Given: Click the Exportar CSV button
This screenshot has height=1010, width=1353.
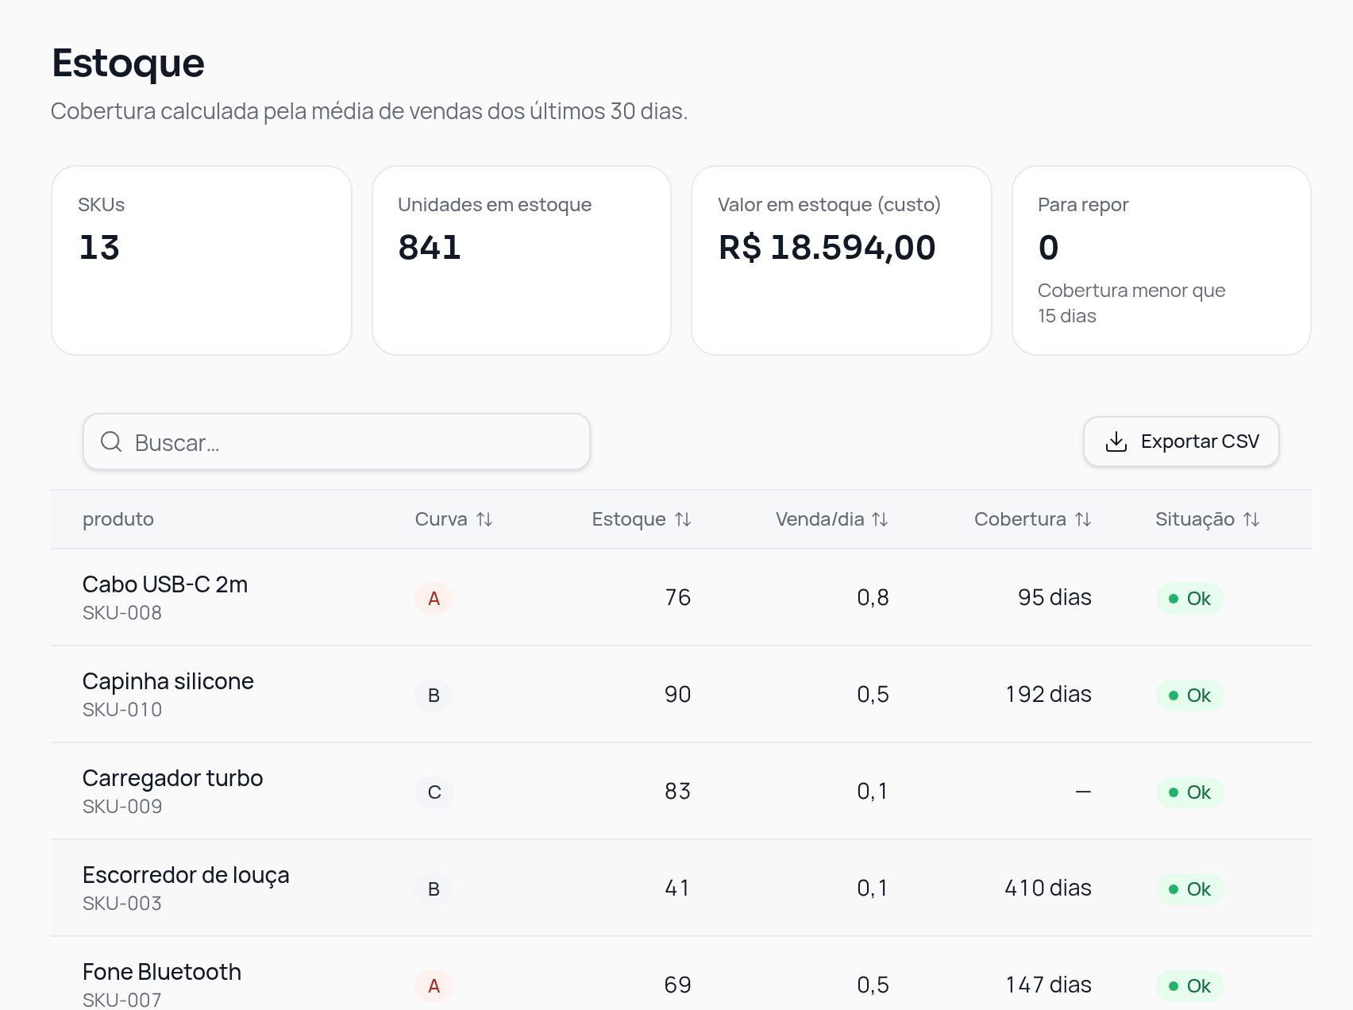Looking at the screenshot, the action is (x=1181, y=441).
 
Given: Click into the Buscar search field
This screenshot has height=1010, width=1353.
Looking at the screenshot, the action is (x=336, y=441).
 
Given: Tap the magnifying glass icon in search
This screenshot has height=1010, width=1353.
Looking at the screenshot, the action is (x=111, y=441).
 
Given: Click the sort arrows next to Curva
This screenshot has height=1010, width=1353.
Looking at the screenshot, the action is (x=484, y=519).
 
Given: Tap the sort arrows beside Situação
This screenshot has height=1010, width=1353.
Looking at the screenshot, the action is (x=1251, y=519).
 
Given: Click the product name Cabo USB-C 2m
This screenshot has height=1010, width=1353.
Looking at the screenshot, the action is (x=165, y=584).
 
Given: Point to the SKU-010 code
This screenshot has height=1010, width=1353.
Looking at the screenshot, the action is (x=122, y=710).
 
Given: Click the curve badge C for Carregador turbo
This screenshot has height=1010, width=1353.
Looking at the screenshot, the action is (x=434, y=792).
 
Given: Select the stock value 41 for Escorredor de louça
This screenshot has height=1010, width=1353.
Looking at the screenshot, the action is (x=677, y=888).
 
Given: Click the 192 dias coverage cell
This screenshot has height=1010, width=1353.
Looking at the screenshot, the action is (x=1048, y=694).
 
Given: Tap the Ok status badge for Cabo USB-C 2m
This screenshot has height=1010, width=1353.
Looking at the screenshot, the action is (x=1189, y=599).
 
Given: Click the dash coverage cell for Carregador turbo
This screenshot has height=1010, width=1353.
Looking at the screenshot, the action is (x=1083, y=792).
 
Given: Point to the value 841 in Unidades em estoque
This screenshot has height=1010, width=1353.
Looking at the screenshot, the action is (x=430, y=248).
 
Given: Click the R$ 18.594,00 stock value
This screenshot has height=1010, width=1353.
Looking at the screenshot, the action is (x=827, y=248).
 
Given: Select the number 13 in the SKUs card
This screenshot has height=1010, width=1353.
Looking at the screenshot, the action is (x=99, y=248).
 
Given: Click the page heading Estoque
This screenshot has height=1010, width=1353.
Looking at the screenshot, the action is (x=128, y=63).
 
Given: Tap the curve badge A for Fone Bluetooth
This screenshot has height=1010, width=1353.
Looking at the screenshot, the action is (x=434, y=986).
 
